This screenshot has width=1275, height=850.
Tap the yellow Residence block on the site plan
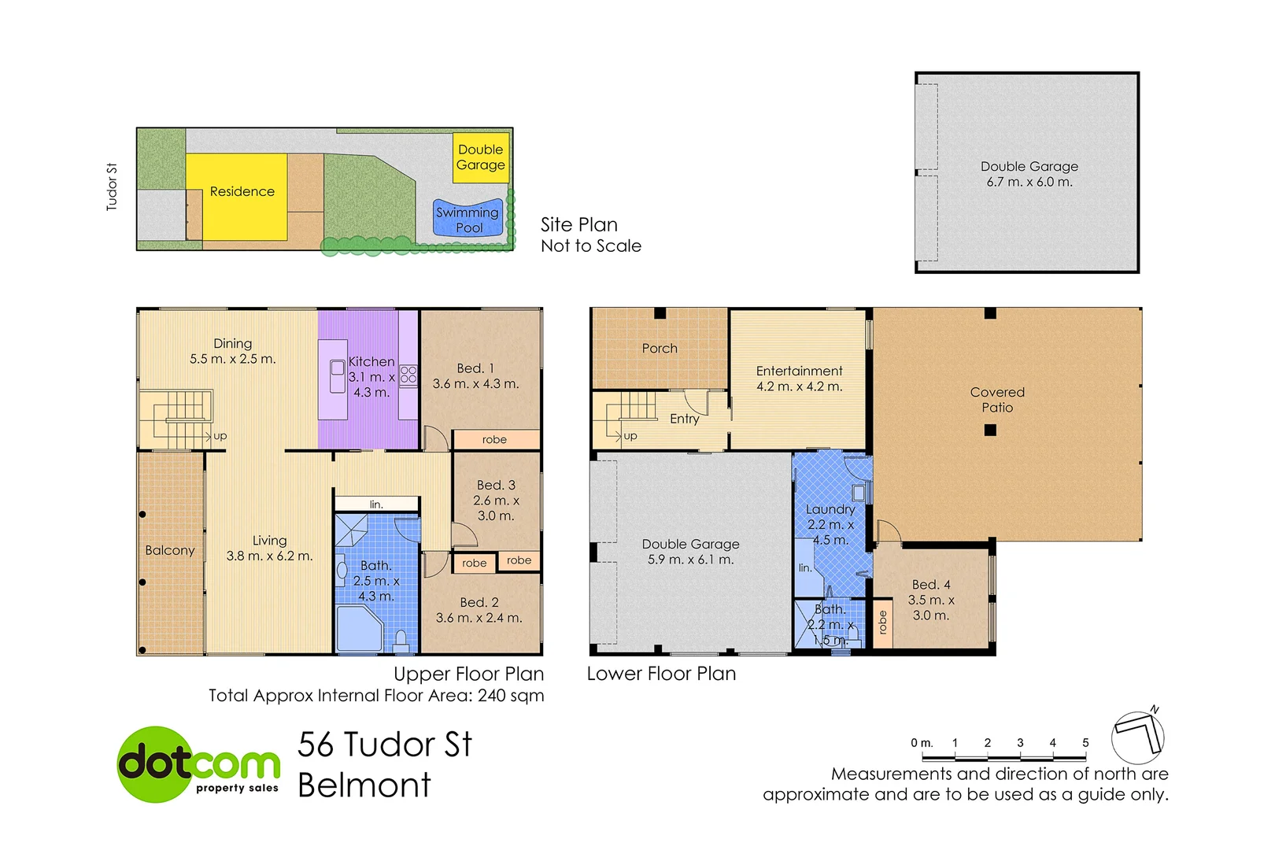coord(236,197)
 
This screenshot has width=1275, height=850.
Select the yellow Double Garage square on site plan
coord(480,157)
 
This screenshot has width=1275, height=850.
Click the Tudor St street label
coord(112,187)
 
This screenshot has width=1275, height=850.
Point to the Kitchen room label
coord(371,361)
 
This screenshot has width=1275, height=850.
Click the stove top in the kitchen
coord(408,375)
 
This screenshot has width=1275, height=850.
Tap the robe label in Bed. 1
coord(495,439)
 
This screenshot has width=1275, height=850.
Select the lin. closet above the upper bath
coord(376,504)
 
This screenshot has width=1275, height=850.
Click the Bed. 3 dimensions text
coord(496,508)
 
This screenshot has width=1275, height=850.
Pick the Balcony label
coord(169,550)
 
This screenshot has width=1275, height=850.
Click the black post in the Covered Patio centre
coord(991,430)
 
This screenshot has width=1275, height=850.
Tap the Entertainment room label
coord(799,371)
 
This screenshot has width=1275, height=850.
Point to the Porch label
coord(659,348)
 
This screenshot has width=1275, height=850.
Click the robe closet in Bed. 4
coord(882,623)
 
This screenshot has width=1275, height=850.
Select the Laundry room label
coord(830,509)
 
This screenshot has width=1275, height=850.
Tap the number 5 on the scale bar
coord(1085,742)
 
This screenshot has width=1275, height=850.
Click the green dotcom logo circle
coord(157,764)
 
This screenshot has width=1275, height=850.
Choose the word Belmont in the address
coord(364,785)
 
